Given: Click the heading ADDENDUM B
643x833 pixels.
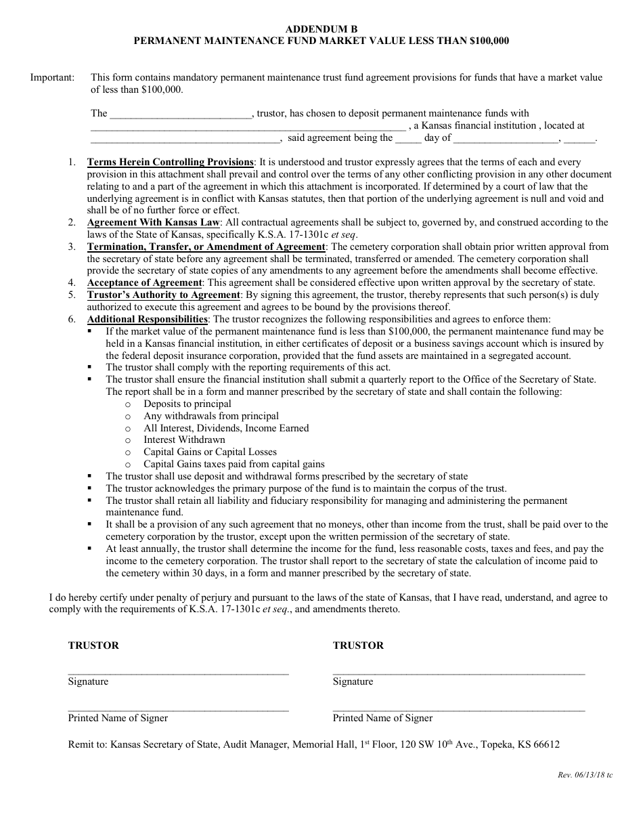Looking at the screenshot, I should click(x=321, y=29).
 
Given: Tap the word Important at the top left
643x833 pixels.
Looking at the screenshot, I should click(x=51, y=78).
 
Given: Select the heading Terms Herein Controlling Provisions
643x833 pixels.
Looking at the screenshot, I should click(x=170, y=163).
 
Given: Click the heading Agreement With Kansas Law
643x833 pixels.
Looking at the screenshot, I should click(x=153, y=222).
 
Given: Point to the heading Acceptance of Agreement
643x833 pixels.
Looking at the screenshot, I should click(x=144, y=282).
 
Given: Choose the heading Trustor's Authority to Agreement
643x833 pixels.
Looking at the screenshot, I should click(x=163, y=295).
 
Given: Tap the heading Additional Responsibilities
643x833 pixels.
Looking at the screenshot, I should click(x=147, y=319).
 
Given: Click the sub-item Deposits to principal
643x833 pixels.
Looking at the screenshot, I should click(x=187, y=404).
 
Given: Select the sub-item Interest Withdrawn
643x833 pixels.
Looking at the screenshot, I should click(x=184, y=440).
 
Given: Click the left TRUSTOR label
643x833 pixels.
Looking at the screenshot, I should click(x=93, y=645).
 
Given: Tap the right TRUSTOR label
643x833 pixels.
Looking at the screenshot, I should click(x=358, y=645).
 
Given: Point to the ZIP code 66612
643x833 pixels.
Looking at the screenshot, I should click(x=546, y=744).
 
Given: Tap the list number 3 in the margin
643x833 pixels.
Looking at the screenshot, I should click(x=72, y=247).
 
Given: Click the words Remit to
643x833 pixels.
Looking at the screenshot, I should click(x=87, y=744).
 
